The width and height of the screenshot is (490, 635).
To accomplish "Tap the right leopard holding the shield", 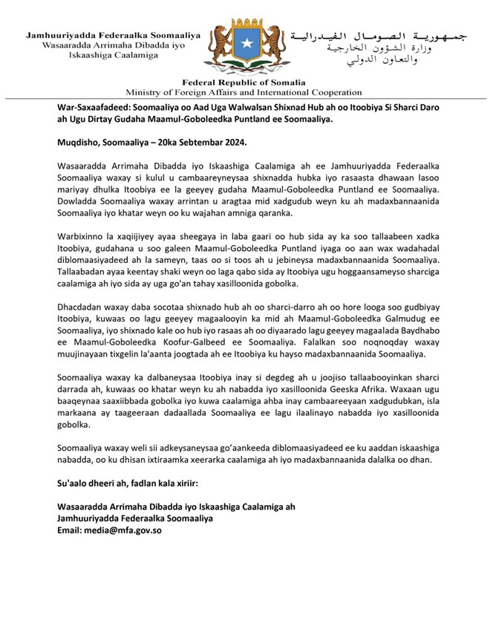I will [271, 48].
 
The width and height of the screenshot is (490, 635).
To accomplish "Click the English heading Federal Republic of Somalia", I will [244, 82].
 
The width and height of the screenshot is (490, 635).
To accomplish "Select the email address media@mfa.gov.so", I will [124, 530].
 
